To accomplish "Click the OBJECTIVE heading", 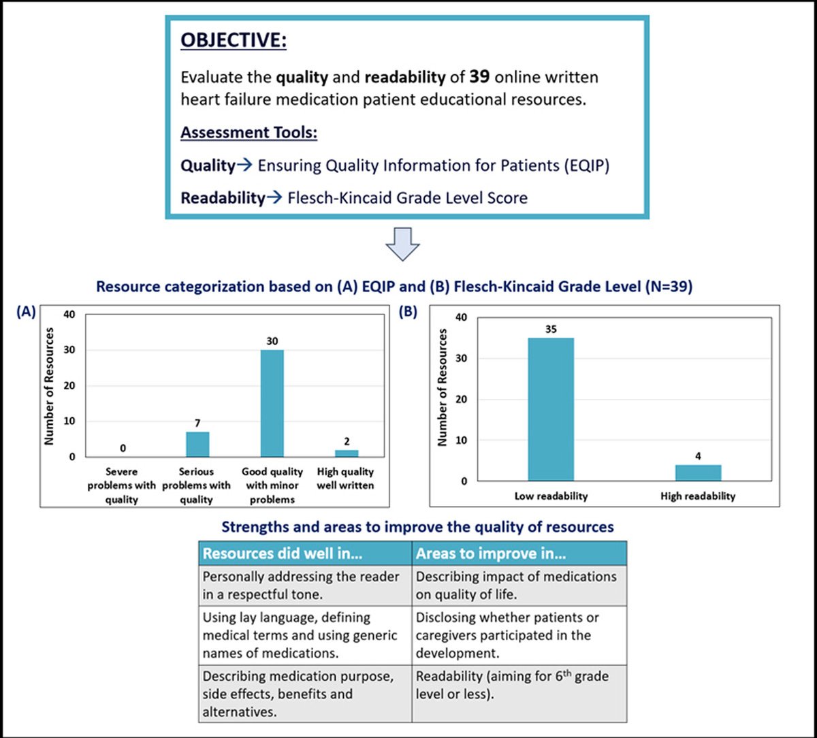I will pos(233,40).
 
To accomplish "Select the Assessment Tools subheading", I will pos(249,132).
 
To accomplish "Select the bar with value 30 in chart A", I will pos(272,403).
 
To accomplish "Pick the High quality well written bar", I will pos(347,453).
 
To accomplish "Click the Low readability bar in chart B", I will pos(551,409).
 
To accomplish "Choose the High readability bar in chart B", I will pos(698,472).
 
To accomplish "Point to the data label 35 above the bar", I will pos(551,329).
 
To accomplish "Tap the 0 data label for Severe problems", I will pos(123,449).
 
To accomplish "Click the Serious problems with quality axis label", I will pos(197,485).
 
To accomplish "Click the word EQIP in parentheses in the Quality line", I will pos(581,165).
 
